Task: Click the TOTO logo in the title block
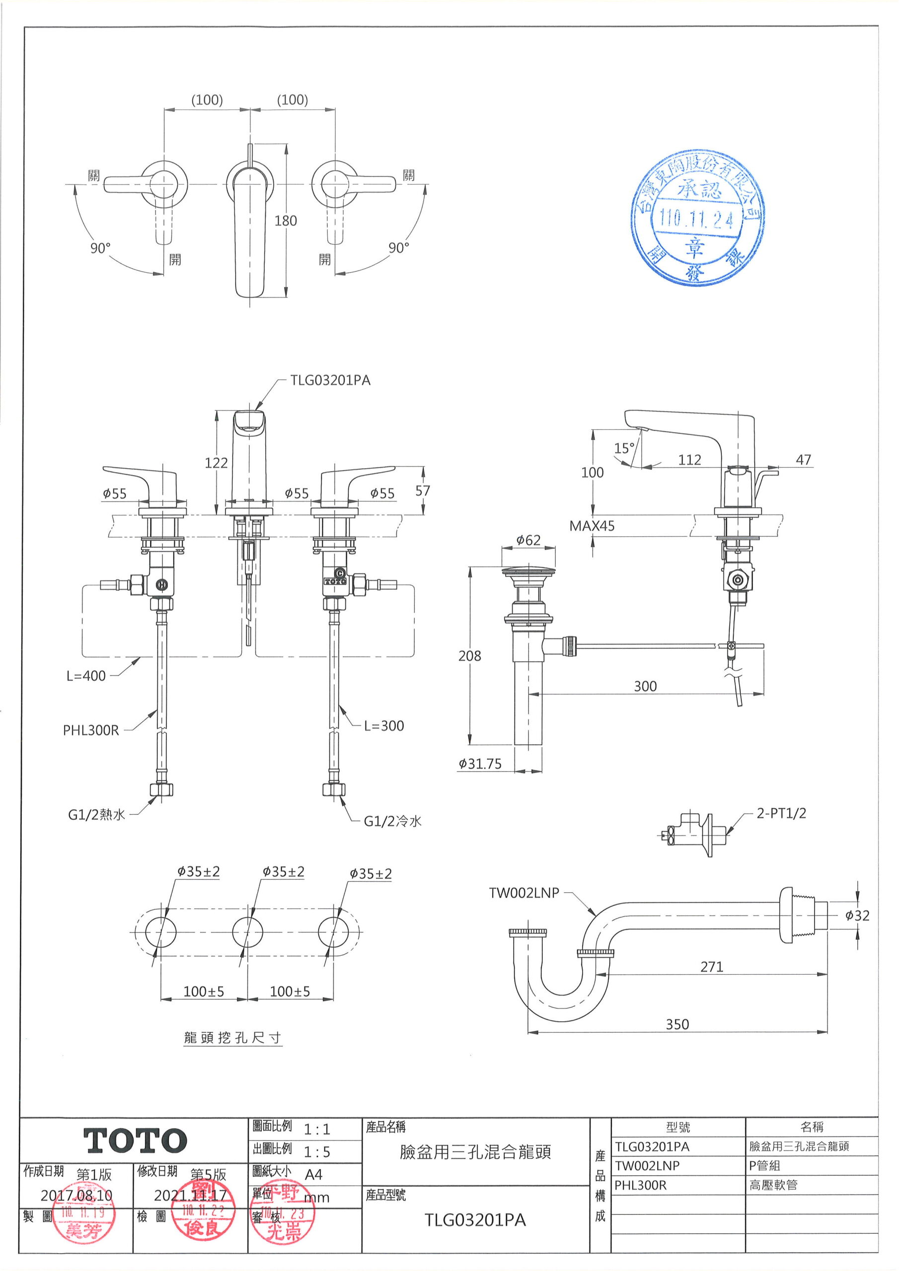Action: pos(135,1141)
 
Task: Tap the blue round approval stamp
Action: pos(697,217)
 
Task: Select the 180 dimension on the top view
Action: pos(285,221)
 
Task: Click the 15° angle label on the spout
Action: pos(624,448)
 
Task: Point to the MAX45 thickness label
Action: pos(592,526)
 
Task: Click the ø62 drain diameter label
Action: pos(528,540)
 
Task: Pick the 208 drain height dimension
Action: pos(469,656)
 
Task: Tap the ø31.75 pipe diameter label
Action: pos(480,764)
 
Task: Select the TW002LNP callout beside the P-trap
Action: pos(524,892)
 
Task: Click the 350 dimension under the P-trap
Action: pos(677,1024)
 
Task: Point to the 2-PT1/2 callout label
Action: pos(781,813)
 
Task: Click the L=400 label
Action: pos(86,675)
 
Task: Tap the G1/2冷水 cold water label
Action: pos(392,821)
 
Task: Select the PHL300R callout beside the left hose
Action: pos(91,730)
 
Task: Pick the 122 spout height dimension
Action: pos(216,463)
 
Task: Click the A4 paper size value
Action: pos(313,1174)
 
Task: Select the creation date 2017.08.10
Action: pos(76,1196)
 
